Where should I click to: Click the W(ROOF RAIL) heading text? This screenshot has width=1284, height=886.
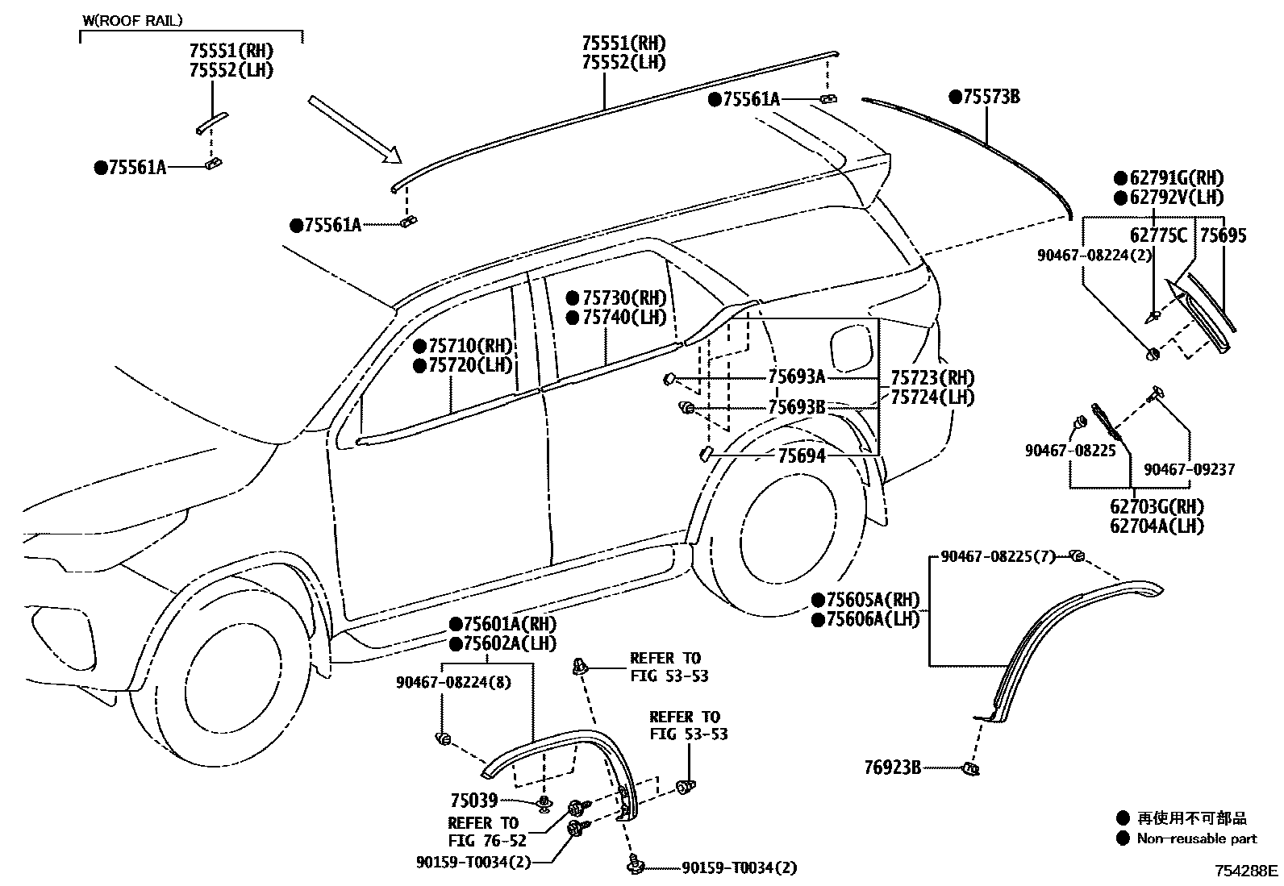click(x=133, y=20)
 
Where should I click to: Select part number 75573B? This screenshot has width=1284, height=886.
click(x=991, y=98)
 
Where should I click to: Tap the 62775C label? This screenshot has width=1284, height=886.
click(x=1158, y=235)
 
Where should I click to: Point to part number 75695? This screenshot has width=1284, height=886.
click(x=1223, y=235)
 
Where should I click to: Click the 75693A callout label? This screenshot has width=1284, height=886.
click(x=796, y=376)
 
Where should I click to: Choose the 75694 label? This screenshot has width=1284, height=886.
click(x=801, y=456)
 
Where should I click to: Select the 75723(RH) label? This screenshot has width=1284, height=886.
click(x=932, y=377)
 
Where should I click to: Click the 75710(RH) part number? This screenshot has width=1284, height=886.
click(x=470, y=347)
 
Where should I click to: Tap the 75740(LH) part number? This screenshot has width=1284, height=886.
click(x=623, y=317)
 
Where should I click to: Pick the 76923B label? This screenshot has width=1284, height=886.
click(x=893, y=767)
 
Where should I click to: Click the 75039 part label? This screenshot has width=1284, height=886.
click(x=473, y=801)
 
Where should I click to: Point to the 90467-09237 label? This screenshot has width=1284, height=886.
click(x=1189, y=469)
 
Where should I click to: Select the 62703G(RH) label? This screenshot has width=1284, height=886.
click(x=1157, y=507)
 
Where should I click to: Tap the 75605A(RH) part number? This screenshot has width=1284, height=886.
click(x=873, y=600)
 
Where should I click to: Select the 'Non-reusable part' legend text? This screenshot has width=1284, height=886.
click(x=1196, y=838)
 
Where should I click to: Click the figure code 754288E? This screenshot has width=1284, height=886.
click(x=1247, y=871)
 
